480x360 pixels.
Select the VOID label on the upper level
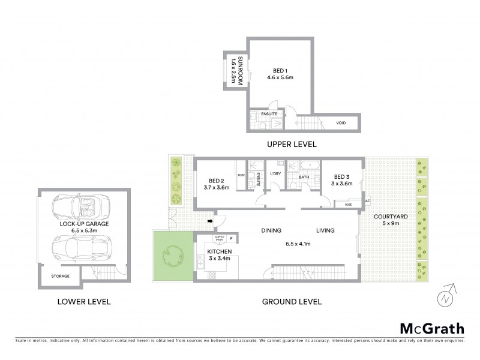click(341, 123)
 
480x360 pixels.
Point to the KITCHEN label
click(218, 252)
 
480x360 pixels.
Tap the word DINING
click(272, 230)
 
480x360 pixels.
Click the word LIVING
click(326, 230)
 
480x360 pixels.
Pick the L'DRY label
click(276, 175)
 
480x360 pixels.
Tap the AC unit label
click(367, 201)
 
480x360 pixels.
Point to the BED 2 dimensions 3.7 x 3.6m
click(217, 188)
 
